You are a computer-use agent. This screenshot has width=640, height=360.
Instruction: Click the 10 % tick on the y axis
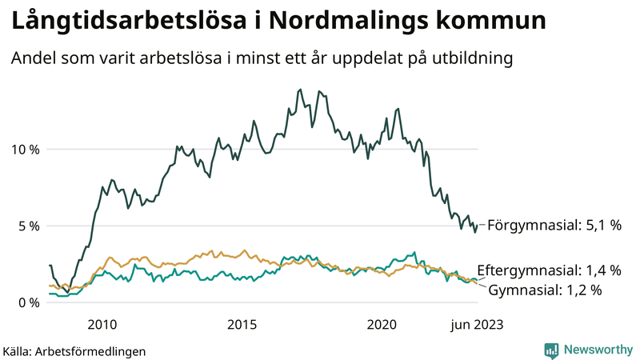(25, 150)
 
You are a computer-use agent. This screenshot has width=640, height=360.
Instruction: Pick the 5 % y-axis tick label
(28, 226)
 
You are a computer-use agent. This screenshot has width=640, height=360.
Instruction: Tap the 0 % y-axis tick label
(28, 302)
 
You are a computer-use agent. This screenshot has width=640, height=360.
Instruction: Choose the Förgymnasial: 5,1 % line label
(554, 226)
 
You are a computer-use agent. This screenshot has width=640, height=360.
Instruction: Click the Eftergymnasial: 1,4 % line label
(549, 270)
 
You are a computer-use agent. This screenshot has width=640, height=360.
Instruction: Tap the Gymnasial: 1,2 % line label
(545, 290)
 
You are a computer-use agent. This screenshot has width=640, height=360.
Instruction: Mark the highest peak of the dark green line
(300, 90)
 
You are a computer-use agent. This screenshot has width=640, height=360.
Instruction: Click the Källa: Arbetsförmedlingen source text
(74, 350)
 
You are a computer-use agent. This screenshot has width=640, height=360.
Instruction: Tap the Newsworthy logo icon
(551, 350)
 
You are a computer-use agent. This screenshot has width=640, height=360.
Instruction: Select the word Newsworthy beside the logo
(598, 350)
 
